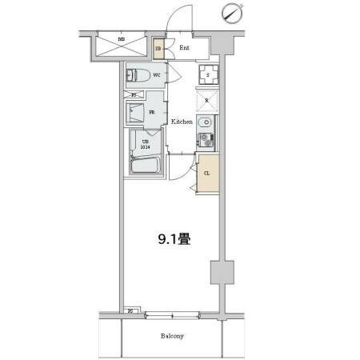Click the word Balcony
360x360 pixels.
pos(170,336)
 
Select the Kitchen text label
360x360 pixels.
pos(181,122)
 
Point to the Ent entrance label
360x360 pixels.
pos(184,48)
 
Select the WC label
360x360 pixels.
pos(158,76)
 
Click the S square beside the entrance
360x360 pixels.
pos(206,76)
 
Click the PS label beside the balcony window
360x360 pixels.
pos(130,310)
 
